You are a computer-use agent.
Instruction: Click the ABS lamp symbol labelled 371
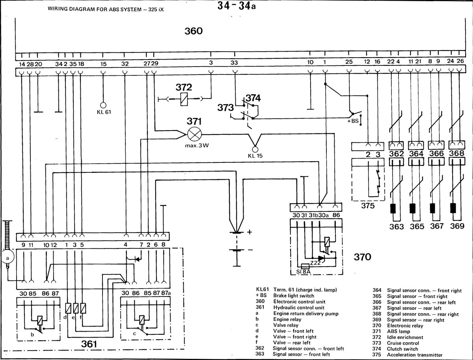pyautogui.click(x=194, y=134)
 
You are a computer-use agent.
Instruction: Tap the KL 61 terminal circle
pyautogui.click(x=103, y=105)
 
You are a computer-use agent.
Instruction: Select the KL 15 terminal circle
pyautogui.click(x=255, y=149)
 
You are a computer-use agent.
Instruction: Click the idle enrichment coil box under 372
pyautogui.click(x=184, y=99)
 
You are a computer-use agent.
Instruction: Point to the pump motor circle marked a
pyautogui.click(x=8, y=257)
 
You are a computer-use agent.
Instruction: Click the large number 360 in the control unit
pyautogui.click(x=194, y=31)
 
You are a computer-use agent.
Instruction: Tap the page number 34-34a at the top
pyautogui.click(x=236, y=6)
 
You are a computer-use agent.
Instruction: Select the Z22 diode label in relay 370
pyautogui.click(x=315, y=263)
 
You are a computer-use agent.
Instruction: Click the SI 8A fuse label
pyautogui.click(x=303, y=272)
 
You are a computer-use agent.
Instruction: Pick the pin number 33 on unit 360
pyautogui.click(x=234, y=63)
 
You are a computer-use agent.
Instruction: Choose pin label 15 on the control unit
pyautogui.click(x=103, y=64)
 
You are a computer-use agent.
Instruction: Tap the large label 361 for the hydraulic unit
pyautogui.click(x=89, y=344)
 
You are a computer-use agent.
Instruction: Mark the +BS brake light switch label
pyautogui.click(x=353, y=121)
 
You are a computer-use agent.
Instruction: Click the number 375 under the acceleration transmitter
pyautogui.click(x=368, y=206)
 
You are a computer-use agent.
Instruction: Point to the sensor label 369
pyautogui.click(x=457, y=226)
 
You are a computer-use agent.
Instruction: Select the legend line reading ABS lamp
pyautogui.click(x=399, y=331)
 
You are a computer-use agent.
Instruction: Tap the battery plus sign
pyautogui.click(x=250, y=232)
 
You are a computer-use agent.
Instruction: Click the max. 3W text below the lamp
pyautogui.click(x=197, y=145)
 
